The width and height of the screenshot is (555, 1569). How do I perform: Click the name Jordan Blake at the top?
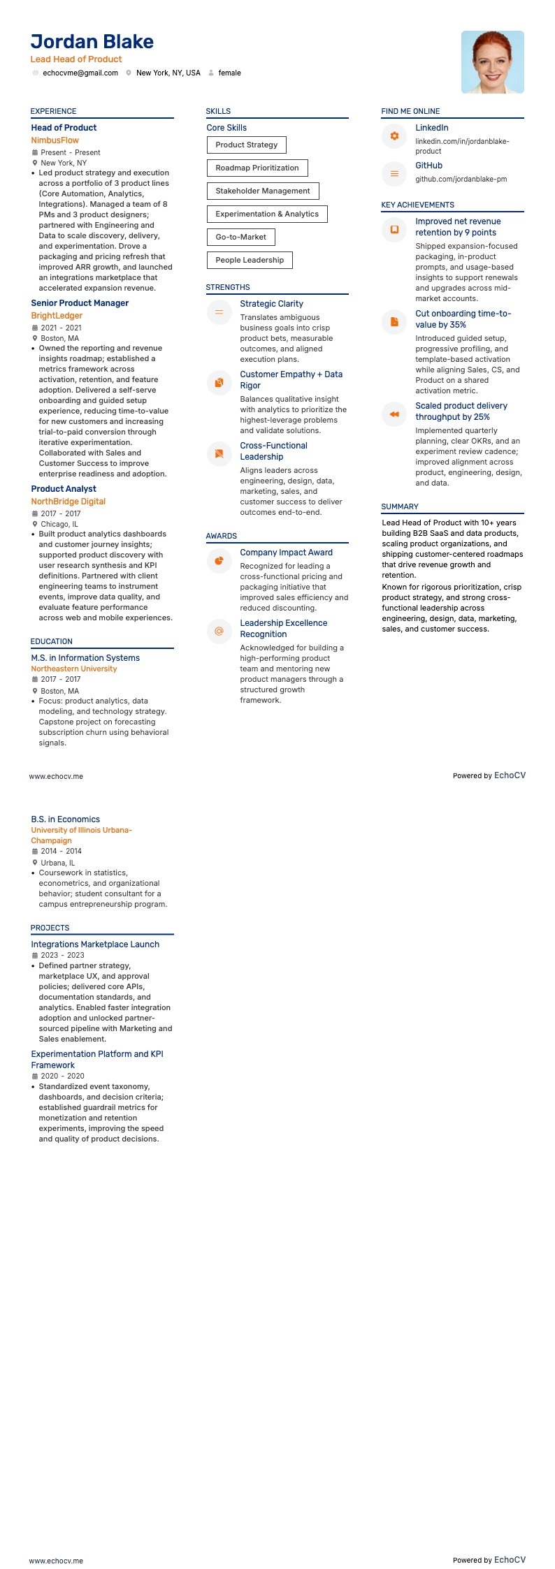pos(92,42)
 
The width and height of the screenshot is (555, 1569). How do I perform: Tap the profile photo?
pos(492,62)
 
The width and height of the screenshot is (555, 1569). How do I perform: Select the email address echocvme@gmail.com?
pos(80,73)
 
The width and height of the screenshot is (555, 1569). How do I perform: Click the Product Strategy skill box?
pos(246,145)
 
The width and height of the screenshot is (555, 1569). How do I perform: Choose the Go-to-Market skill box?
pos(240,237)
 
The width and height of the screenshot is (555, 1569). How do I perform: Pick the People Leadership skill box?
pos(250,260)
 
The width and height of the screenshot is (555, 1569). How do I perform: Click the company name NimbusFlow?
pos(55,140)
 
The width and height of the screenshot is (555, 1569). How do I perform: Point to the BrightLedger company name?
pos(57,316)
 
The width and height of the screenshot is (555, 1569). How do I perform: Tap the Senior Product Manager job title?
pos(80,303)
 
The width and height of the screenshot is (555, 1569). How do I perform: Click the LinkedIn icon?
pos(394,136)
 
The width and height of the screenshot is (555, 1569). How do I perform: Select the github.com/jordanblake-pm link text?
pos(461,179)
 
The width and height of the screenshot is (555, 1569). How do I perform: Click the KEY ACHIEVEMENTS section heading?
pos(417,205)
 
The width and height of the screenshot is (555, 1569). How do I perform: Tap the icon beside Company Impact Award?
pos(219,561)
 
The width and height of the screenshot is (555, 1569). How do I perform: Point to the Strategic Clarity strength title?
pos(271,304)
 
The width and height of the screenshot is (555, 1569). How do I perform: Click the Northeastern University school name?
pos(74,669)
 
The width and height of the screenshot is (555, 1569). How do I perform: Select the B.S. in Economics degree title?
pos(65,819)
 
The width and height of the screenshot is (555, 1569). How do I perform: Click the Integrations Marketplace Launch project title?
pos(95,944)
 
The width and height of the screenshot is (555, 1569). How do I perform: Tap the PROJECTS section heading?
pos(50,928)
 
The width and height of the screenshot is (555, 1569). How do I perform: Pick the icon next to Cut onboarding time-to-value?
pos(394,322)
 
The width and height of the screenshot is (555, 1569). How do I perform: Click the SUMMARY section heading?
pos(400,506)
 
